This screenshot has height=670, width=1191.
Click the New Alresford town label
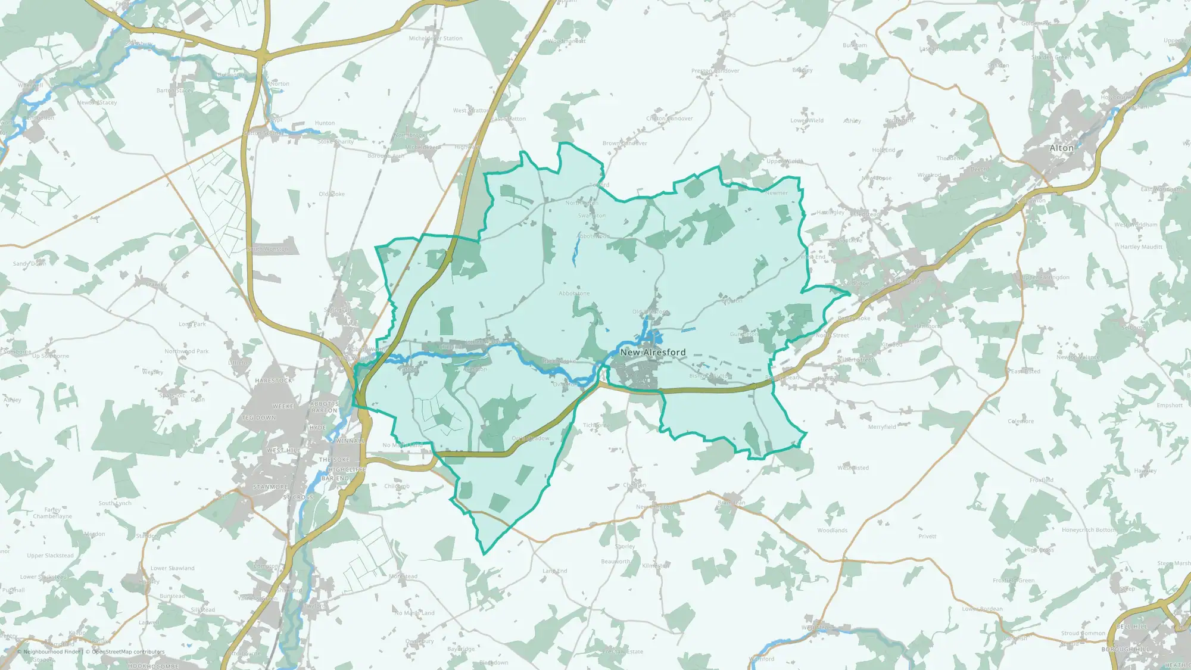tap(653, 352)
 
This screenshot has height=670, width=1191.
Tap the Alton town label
tap(1061, 148)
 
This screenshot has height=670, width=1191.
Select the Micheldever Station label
tap(435, 38)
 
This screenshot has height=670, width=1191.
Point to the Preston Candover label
tap(715, 71)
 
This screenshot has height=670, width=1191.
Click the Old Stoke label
tap(332, 194)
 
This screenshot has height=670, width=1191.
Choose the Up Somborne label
tap(51, 356)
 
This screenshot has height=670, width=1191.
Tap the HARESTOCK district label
tap(274, 381)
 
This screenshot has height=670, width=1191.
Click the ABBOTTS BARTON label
tap(325, 407)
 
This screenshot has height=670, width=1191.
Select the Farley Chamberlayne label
tap(52, 513)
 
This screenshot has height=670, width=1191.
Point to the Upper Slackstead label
tap(51, 556)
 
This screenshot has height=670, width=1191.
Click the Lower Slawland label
tap(172, 568)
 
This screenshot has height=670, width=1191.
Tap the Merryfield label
tap(882, 427)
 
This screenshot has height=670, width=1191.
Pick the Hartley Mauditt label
tap(1141, 247)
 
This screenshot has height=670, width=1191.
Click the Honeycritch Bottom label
tap(1089, 530)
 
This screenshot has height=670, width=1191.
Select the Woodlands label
tap(832, 530)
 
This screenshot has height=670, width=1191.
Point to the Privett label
tap(927, 536)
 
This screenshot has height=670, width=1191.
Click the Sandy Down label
tap(30, 263)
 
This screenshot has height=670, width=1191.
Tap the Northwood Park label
tap(186, 351)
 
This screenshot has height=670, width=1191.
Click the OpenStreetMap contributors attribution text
tap(128, 652)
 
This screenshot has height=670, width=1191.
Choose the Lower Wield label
tap(807, 120)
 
